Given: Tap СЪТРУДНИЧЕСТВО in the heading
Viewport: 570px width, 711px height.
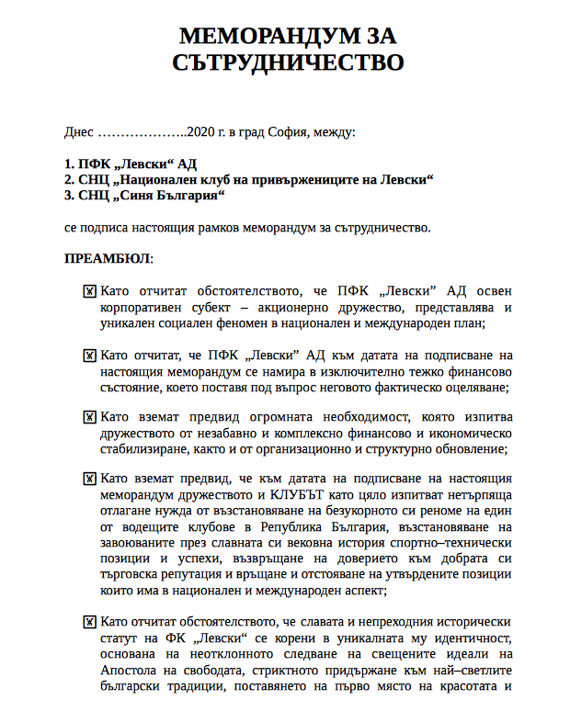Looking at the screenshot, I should click(x=288, y=62).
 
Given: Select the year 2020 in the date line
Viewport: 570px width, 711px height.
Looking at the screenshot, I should click(x=199, y=132).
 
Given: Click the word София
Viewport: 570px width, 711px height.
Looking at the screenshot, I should click(x=283, y=132).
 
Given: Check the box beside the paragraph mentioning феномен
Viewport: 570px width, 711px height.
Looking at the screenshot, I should click(x=90, y=291).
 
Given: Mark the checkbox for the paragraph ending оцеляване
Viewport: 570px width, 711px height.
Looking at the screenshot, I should click(x=90, y=355).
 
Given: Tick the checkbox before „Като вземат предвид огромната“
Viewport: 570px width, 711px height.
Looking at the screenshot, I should click(x=90, y=417).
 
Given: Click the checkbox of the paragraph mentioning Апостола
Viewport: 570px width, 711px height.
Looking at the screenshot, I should click(x=90, y=622).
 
